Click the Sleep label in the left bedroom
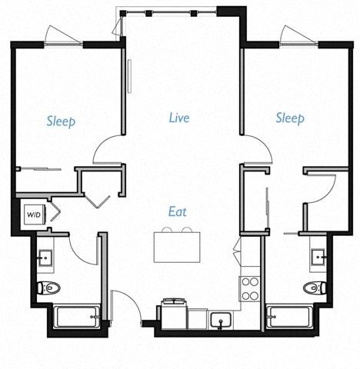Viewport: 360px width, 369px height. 61,121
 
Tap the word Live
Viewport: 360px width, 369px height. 179,118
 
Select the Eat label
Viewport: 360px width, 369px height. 178,210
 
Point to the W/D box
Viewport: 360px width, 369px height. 34,214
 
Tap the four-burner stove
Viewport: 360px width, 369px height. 251,288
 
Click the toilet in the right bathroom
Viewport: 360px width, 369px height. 314,288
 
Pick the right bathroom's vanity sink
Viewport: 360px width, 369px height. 317,255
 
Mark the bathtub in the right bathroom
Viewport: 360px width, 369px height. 289,315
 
